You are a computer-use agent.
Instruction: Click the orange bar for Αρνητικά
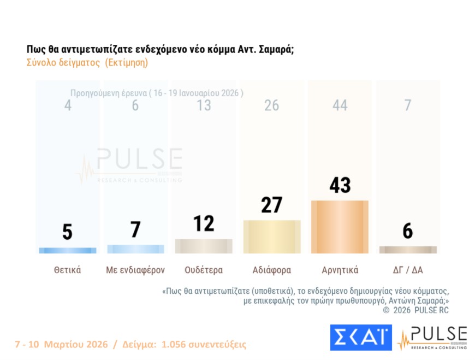[x=340, y=227]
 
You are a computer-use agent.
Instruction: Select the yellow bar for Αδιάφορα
[x=272, y=237]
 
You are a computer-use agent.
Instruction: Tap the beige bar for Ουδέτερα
[x=204, y=246]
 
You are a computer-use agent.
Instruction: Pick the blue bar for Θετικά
[x=68, y=250]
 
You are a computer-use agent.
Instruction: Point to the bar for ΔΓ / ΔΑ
[x=408, y=250]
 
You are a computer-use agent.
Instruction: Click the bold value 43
[x=340, y=185]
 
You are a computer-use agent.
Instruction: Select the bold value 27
[x=271, y=205]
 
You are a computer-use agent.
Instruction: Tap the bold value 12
[x=204, y=223]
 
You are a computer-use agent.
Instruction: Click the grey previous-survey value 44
[x=340, y=105]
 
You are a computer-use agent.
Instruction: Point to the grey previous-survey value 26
[x=271, y=105]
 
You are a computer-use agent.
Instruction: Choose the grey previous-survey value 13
[x=204, y=105]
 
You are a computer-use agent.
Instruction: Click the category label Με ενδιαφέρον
[x=135, y=270]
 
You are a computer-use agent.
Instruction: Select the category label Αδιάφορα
[x=272, y=270]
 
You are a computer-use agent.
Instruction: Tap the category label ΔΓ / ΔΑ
[x=408, y=270]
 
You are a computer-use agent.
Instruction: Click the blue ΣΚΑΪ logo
[x=361, y=337]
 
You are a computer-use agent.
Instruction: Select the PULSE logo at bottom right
[x=433, y=338]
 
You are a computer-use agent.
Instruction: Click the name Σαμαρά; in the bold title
[x=276, y=49]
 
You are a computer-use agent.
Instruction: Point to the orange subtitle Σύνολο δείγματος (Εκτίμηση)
[x=87, y=62]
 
